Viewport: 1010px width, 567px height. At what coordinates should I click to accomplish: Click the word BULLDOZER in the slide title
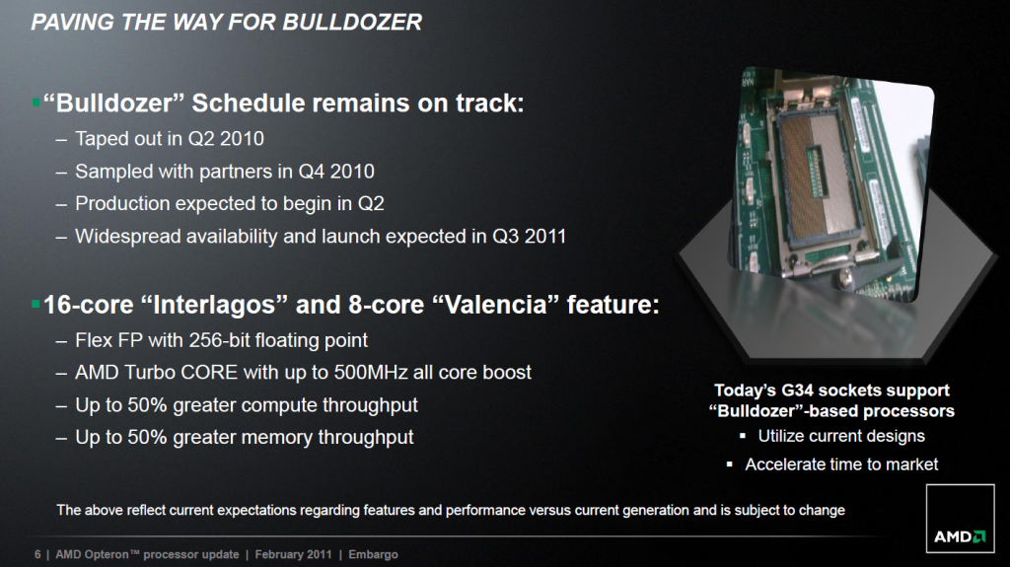[x=352, y=22]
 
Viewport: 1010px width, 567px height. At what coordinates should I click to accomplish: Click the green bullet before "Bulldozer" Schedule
[x=36, y=102]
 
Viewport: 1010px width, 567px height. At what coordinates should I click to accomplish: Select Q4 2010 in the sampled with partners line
[x=335, y=172]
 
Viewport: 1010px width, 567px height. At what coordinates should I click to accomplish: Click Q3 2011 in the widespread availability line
[x=529, y=237]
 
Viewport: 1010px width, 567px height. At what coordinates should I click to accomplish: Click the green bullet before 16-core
[x=36, y=304]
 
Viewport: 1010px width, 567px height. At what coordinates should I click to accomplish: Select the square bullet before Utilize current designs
[x=743, y=436]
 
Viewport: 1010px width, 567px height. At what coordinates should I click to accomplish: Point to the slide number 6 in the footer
[x=37, y=554]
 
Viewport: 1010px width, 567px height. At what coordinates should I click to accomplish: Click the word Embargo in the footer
[x=373, y=555]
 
